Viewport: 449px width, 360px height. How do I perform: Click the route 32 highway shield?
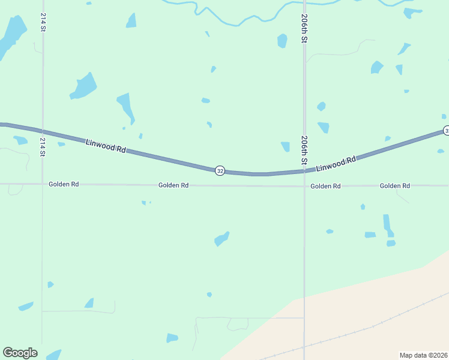(220, 171)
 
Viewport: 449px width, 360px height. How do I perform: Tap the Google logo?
(20, 353)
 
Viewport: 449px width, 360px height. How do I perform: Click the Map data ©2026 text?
(423, 355)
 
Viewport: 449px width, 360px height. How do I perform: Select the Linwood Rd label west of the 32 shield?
(106, 146)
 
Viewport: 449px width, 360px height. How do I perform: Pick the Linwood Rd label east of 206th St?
(336, 163)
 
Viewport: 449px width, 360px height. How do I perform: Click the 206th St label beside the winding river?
(305, 28)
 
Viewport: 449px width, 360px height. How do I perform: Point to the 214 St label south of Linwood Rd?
(43, 147)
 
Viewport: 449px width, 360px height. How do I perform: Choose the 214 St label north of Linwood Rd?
(43, 22)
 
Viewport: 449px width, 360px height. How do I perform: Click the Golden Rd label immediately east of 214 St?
(64, 184)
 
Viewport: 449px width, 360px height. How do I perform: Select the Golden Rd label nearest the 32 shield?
(173, 185)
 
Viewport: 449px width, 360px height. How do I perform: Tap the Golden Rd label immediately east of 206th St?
(325, 186)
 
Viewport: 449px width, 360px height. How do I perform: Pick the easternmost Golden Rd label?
(394, 186)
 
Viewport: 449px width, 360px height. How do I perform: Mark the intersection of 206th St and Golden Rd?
(304, 186)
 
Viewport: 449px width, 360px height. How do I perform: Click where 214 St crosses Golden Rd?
(42, 184)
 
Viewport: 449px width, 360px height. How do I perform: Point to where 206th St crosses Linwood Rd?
(304, 171)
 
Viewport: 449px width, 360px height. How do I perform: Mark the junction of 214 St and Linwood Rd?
(42, 131)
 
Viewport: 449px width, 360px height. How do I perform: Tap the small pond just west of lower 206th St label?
(285, 146)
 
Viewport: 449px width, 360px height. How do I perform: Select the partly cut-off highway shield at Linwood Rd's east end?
(446, 131)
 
